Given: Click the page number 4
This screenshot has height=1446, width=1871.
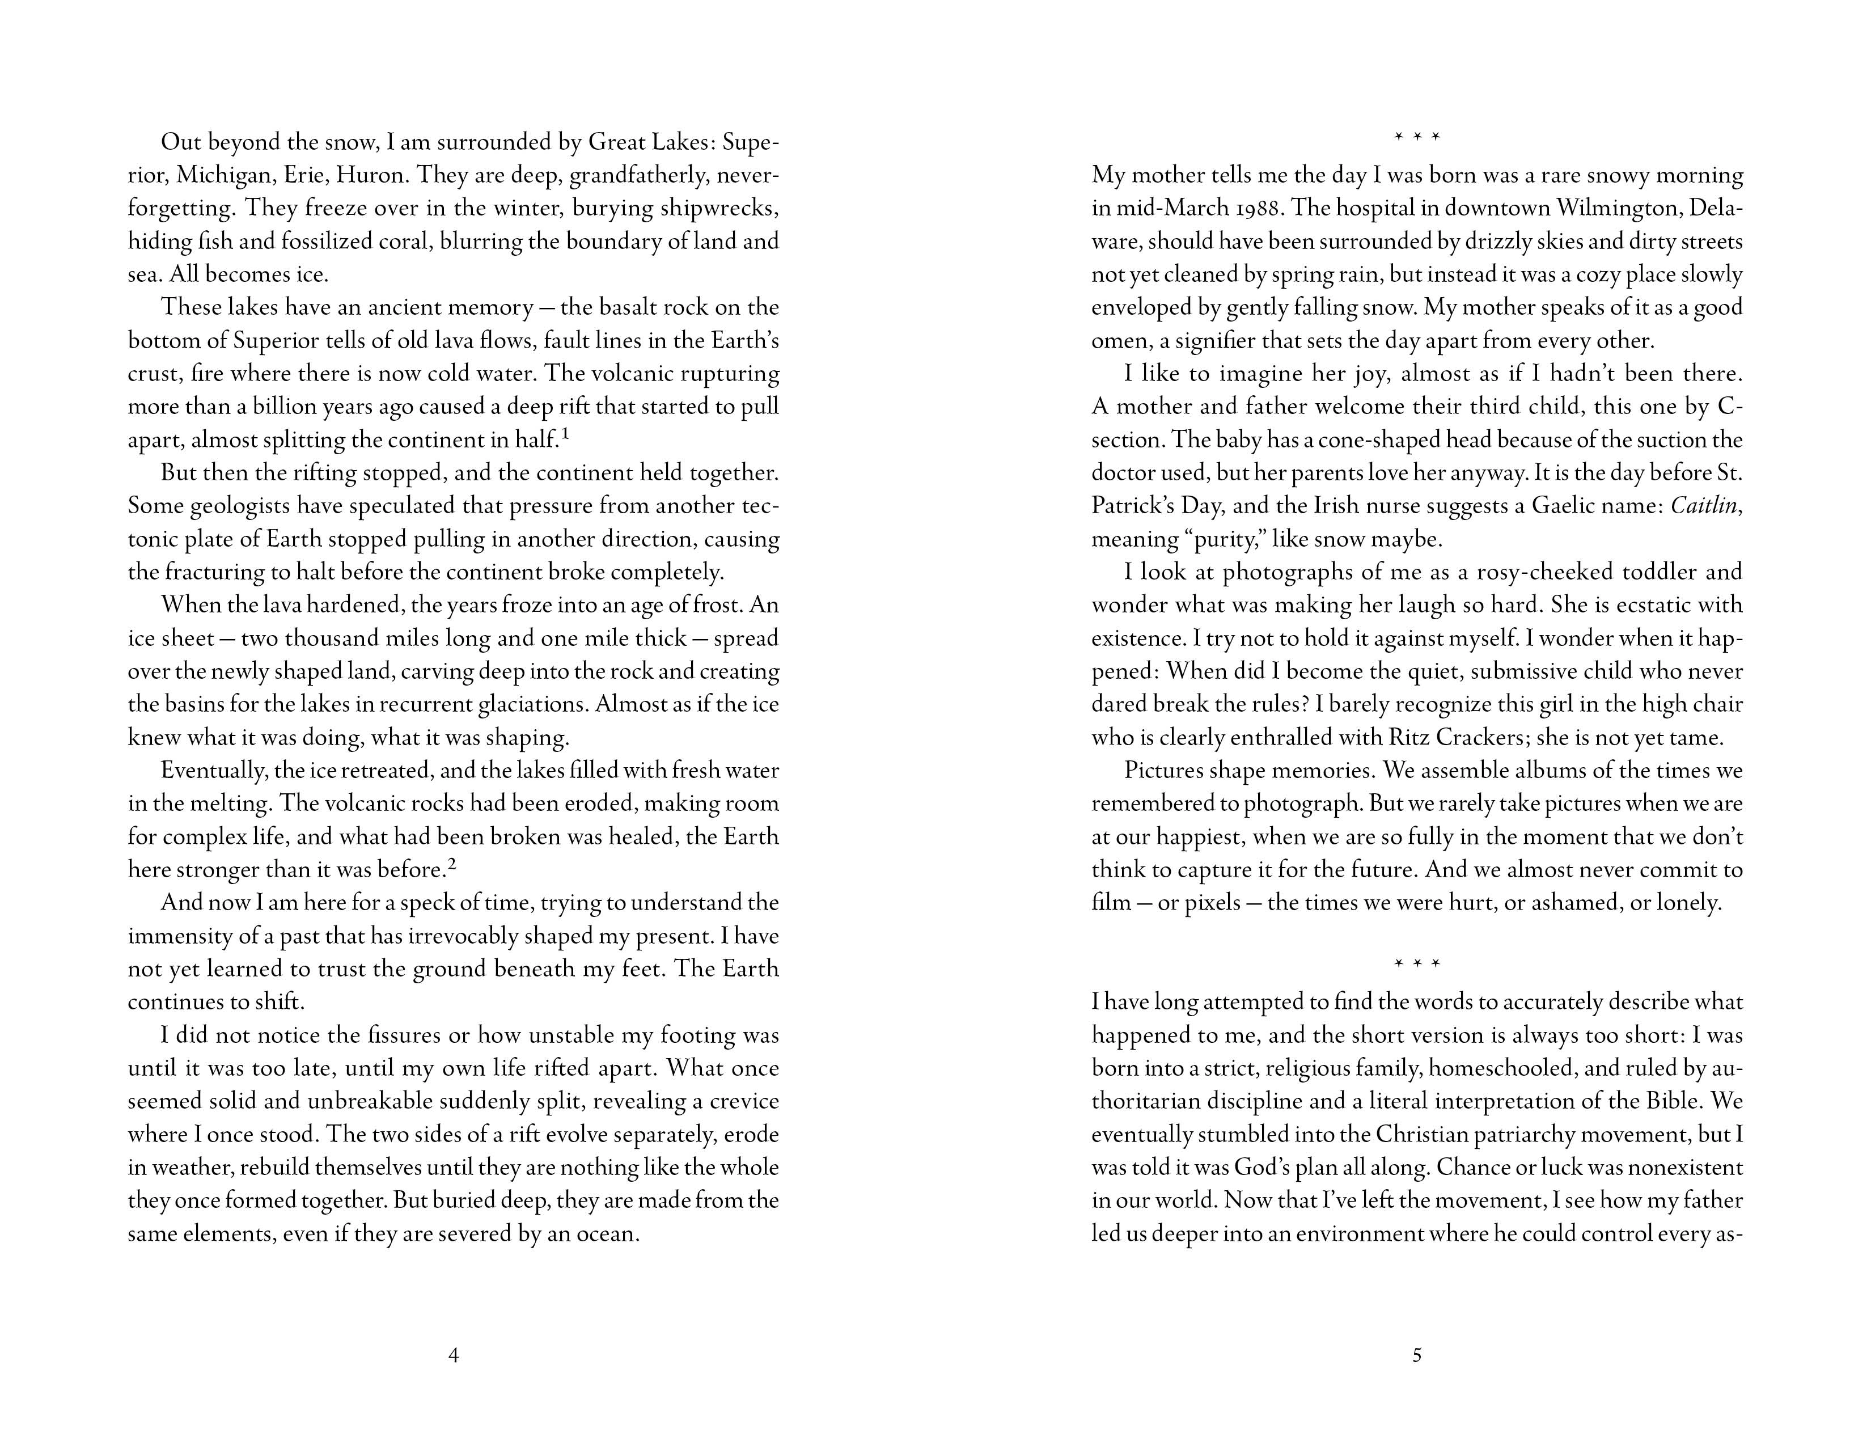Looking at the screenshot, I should click(453, 1355).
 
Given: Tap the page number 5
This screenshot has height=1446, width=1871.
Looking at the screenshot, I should click(1416, 1355).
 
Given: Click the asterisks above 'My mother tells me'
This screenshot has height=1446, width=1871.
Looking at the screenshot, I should click(1417, 137).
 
